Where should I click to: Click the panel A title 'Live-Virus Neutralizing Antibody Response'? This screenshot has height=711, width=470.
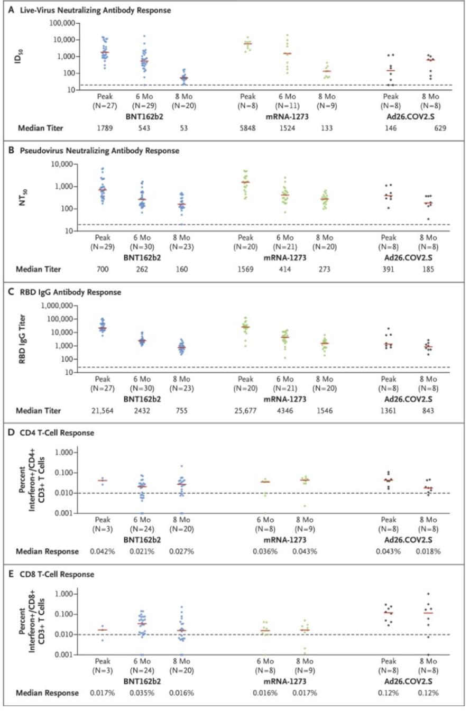95,10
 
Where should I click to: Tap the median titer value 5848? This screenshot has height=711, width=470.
247,128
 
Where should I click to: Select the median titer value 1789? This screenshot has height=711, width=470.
105,128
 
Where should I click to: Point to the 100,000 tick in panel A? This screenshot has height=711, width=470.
62,23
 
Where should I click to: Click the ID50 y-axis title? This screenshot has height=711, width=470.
19,56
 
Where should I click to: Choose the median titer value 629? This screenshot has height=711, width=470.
440,128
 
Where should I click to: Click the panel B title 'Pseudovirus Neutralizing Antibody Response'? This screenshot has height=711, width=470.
99,151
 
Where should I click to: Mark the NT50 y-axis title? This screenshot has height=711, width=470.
23,197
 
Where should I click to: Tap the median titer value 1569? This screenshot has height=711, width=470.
245,269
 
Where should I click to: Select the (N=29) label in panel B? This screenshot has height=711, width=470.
103,247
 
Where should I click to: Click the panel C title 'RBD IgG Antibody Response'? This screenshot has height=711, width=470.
70,292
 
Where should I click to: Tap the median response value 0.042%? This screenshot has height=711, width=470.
103,551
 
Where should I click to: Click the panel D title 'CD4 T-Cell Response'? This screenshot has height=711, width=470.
57,432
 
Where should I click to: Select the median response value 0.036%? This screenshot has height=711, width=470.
265,551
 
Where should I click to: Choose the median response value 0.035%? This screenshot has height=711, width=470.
142,692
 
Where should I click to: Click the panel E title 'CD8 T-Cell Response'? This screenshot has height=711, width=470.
57,574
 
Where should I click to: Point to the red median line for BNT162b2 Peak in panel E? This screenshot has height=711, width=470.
103,630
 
